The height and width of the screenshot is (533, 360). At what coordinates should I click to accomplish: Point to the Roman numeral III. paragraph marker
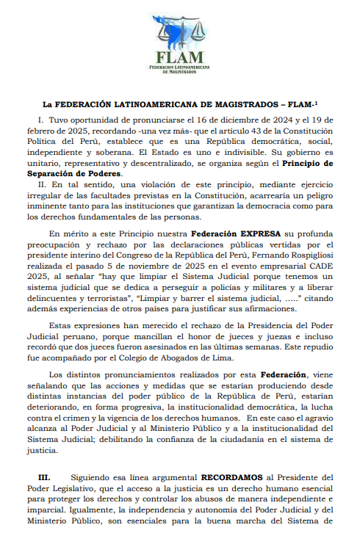44,476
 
